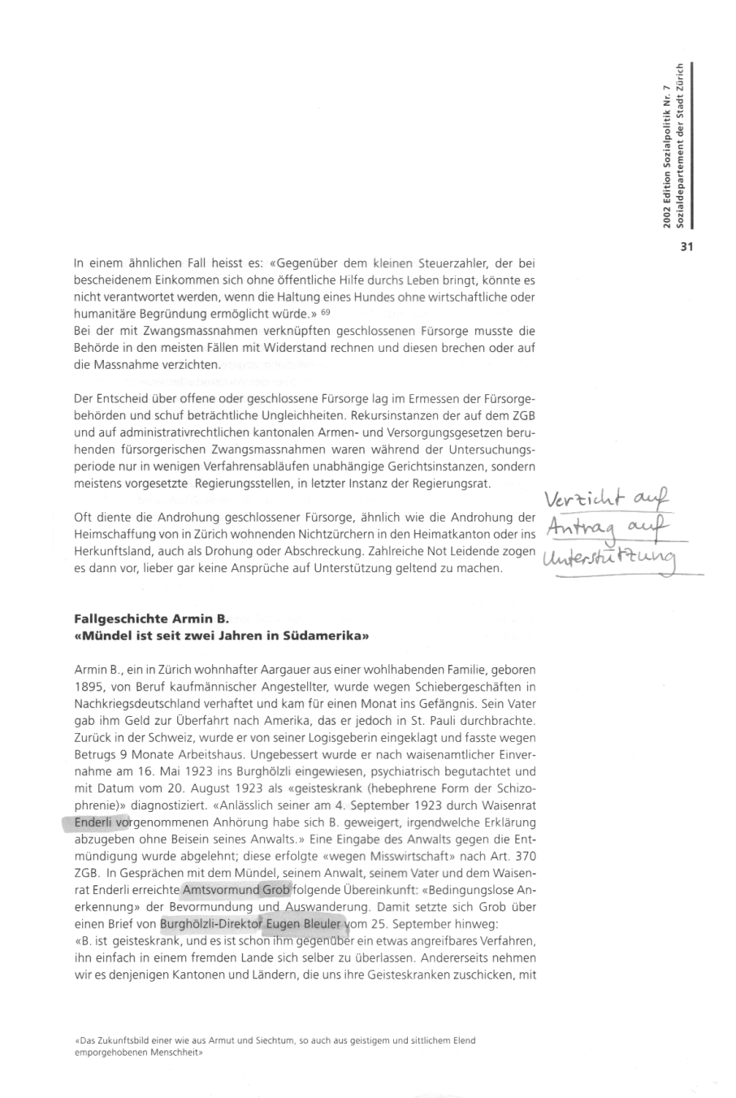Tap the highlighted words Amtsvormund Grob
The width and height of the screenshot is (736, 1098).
(x=236, y=890)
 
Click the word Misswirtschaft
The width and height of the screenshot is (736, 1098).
(x=422, y=856)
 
